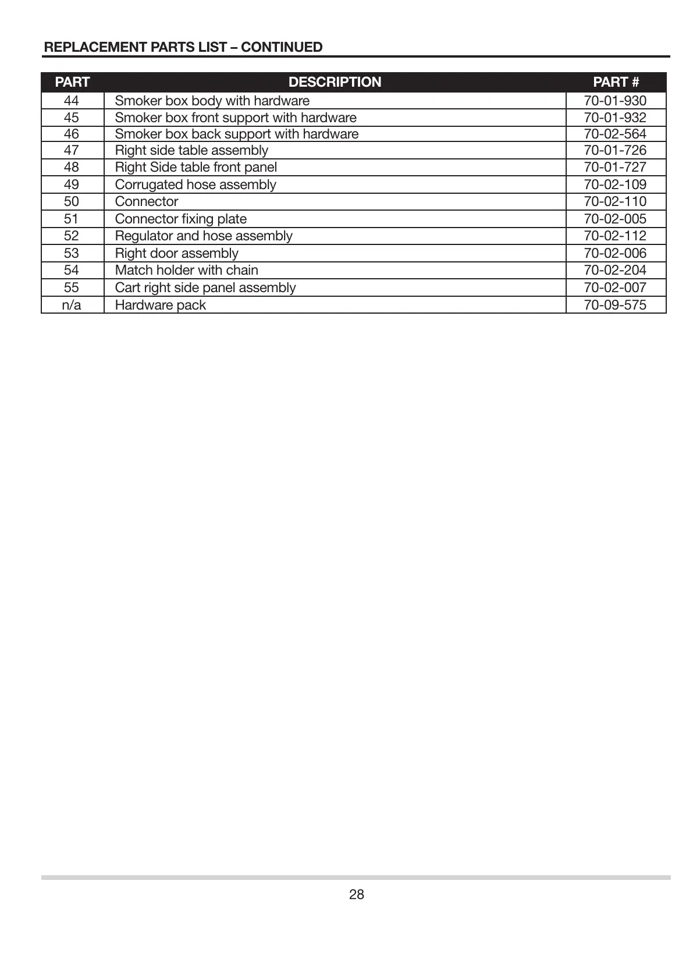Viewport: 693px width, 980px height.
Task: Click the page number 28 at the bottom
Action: pyautogui.click(x=356, y=894)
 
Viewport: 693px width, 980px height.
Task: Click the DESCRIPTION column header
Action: pyautogui.click(x=335, y=82)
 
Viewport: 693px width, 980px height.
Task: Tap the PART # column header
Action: pyautogui.click(x=616, y=82)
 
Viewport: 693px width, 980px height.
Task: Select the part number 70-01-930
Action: pyautogui.click(x=615, y=101)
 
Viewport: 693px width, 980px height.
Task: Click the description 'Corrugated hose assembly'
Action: pyautogui.click(x=196, y=184)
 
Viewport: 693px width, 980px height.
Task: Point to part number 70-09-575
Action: pyautogui.click(x=615, y=305)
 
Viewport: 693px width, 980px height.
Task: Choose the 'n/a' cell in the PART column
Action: pyautogui.click(x=72, y=305)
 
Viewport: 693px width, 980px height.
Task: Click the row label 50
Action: pyautogui.click(x=72, y=201)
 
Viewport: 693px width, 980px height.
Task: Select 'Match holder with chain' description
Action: pyautogui.click(x=186, y=270)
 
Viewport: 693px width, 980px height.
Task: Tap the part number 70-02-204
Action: pyautogui.click(x=615, y=270)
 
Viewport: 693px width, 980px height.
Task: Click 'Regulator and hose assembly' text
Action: pyautogui.click(x=204, y=236)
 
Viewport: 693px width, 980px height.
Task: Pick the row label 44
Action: pyautogui.click(x=72, y=101)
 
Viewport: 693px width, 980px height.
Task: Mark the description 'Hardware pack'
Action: pyautogui.click(x=160, y=305)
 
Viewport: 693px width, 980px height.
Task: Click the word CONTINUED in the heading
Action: pyautogui.click(x=282, y=47)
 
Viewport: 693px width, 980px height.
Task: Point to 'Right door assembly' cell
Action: pyautogui.click(x=176, y=253)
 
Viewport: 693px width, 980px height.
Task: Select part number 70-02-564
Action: pyautogui.click(x=615, y=134)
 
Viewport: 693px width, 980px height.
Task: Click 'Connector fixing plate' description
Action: pyautogui.click(x=180, y=219)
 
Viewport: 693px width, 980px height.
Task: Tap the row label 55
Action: pyautogui.click(x=72, y=287)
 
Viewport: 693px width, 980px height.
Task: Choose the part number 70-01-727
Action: pyautogui.click(x=615, y=167)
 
